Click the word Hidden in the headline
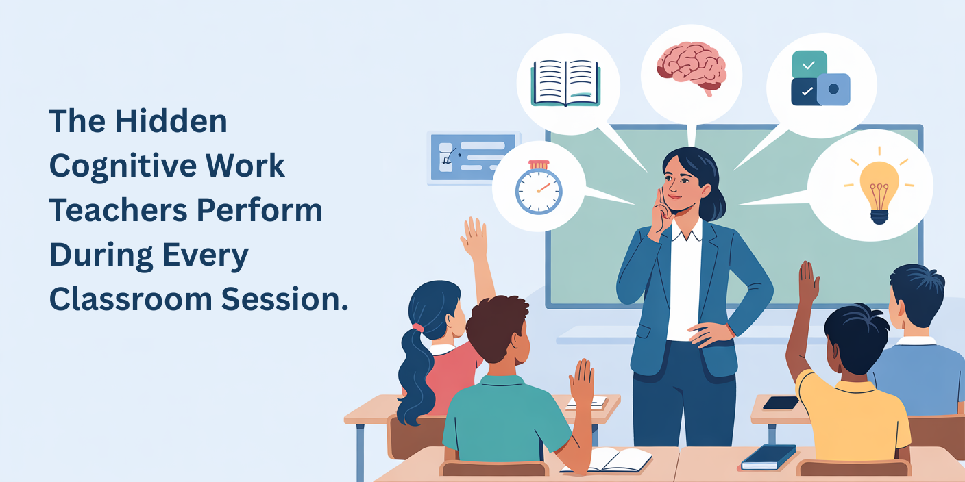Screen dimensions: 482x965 pyautogui.click(x=171, y=122)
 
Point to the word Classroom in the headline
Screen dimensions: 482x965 pyautogui.click(x=130, y=300)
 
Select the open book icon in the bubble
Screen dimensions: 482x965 pyautogui.click(x=565, y=83)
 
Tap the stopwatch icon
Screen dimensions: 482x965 pyautogui.click(x=539, y=187)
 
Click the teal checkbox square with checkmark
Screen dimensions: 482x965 pyautogui.click(x=809, y=64)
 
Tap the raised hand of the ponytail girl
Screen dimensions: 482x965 pyautogui.click(x=474, y=237)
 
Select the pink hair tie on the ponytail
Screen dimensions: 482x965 pyautogui.click(x=417, y=328)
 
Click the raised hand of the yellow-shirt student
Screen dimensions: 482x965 pyautogui.click(x=809, y=281)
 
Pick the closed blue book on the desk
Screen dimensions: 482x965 pyautogui.click(x=768, y=457)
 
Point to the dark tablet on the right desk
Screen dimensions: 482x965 pyautogui.click(x=781, y=403)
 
